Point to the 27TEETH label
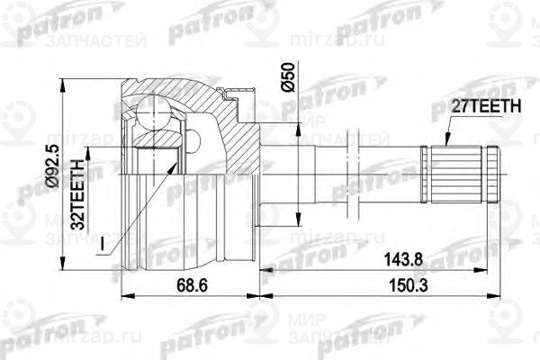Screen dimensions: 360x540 [x=485, y=106]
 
